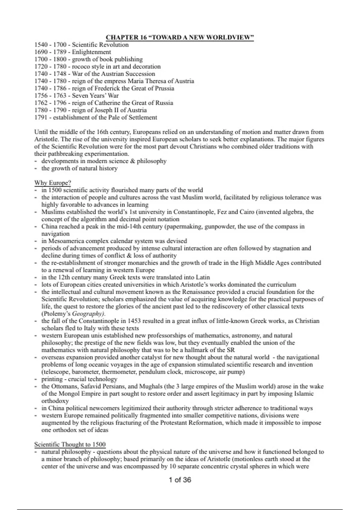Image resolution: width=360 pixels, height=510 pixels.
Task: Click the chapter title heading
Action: coord(180,37)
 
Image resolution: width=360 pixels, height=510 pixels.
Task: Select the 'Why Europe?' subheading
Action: coord(52,183)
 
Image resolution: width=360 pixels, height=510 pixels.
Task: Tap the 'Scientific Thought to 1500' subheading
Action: coord(70,444)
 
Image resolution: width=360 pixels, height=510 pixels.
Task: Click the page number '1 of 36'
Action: coord(180,480)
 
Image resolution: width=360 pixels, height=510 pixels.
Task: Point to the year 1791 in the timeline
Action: coord(41,117)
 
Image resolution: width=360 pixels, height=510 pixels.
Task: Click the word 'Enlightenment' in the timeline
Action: coord(91,52)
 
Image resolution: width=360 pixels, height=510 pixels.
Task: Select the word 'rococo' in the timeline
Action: coord(81,66)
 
